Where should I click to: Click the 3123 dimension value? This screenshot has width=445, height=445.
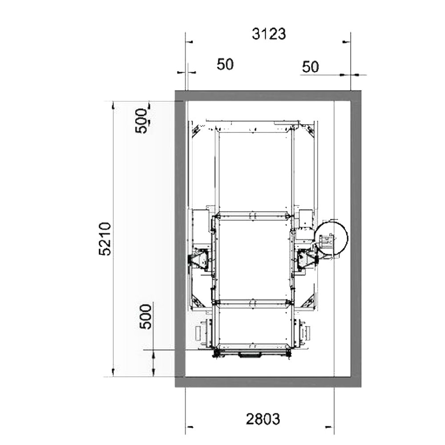tap(269, 34)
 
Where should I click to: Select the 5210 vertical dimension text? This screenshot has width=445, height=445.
tap(105, 239)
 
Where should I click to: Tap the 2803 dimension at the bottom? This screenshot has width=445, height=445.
tap(263, 419)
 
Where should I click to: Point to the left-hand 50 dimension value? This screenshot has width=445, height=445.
tap(225, 65)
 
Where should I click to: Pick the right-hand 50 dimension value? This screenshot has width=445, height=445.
tap(311, 67)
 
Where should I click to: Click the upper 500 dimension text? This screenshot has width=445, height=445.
tap(142, 121)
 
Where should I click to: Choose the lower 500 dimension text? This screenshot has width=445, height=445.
tap(146, 316)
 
